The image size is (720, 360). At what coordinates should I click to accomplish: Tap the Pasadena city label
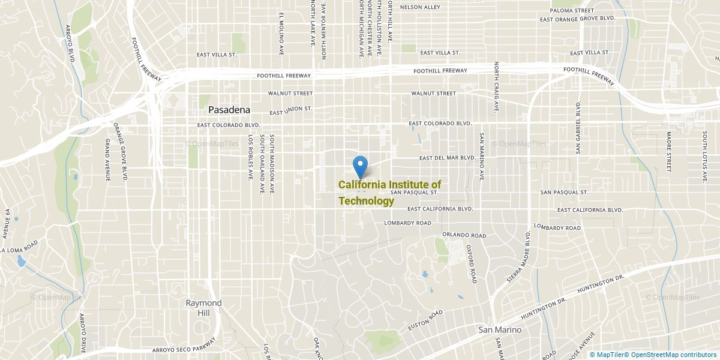229,110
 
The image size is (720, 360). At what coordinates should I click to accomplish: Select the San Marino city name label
499,330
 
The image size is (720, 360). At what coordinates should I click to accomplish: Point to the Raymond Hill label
203,308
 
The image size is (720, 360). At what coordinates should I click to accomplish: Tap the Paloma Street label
572,10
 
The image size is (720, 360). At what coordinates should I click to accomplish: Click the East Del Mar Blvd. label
447,158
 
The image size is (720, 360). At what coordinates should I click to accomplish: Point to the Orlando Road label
464,235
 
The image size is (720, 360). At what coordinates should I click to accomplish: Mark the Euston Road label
425,320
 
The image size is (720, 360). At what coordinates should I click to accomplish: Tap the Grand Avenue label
107,159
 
